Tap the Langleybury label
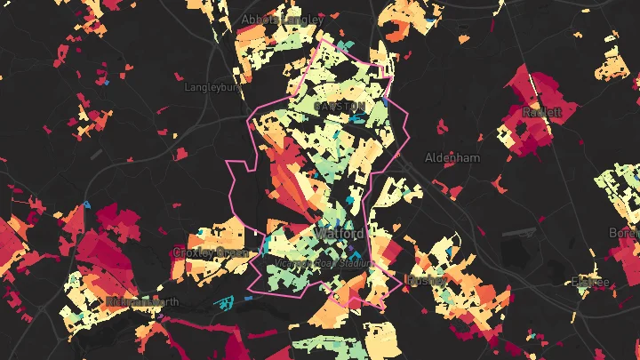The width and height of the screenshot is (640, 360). pos(212,87)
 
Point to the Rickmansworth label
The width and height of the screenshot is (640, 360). pos(142,302)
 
